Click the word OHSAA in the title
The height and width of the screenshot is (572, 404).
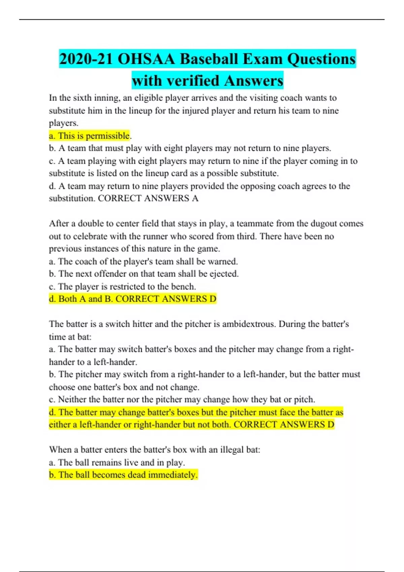click(x=146, y=59)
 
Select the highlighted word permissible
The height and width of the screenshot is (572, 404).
click(x=108, y=136)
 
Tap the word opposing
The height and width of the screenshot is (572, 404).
click(x=265, y=186)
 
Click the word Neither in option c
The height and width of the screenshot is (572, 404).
click(x=72, y=399)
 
